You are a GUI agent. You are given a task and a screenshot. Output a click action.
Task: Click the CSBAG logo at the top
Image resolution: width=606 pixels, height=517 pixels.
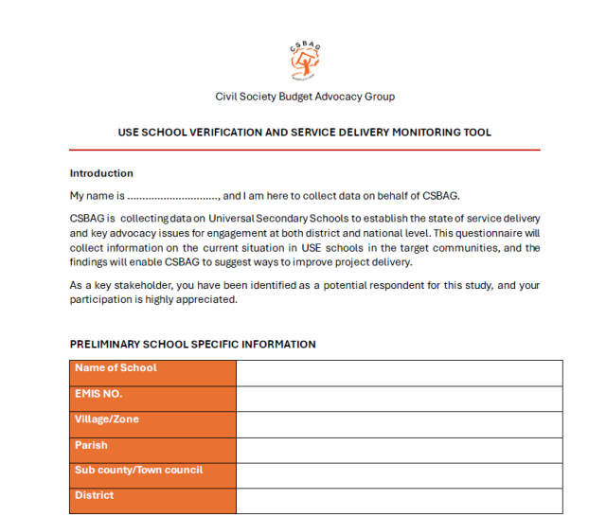304,62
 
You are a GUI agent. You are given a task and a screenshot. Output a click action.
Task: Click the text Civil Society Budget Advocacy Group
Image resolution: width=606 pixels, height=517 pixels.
305,97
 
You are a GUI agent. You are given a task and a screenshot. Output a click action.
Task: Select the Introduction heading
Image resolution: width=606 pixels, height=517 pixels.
101,173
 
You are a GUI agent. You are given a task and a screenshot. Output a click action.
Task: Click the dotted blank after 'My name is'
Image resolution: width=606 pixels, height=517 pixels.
172,196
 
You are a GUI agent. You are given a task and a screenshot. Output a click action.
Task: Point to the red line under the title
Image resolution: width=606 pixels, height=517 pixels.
304,150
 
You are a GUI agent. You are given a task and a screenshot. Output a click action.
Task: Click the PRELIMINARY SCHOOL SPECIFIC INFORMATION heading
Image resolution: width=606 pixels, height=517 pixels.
192,345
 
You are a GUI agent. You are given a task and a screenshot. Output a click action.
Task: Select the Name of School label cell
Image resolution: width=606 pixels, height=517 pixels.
152,373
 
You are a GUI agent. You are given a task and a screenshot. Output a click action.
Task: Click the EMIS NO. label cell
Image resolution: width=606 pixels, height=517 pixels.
152,399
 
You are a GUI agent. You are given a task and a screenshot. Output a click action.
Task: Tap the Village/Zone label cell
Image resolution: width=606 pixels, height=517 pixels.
152,424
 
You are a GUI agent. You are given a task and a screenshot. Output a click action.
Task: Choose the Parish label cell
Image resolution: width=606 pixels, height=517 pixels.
152,450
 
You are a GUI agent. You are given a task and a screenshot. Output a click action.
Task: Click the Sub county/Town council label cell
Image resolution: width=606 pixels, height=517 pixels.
152,475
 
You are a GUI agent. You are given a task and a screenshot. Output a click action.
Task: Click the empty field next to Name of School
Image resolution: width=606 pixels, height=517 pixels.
399,373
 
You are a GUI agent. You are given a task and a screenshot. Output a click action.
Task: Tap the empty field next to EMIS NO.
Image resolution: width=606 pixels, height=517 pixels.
399,399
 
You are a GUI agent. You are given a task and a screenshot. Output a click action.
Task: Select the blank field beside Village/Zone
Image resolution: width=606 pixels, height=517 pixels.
399,424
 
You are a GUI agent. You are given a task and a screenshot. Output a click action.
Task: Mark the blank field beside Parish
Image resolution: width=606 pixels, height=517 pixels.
399,450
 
